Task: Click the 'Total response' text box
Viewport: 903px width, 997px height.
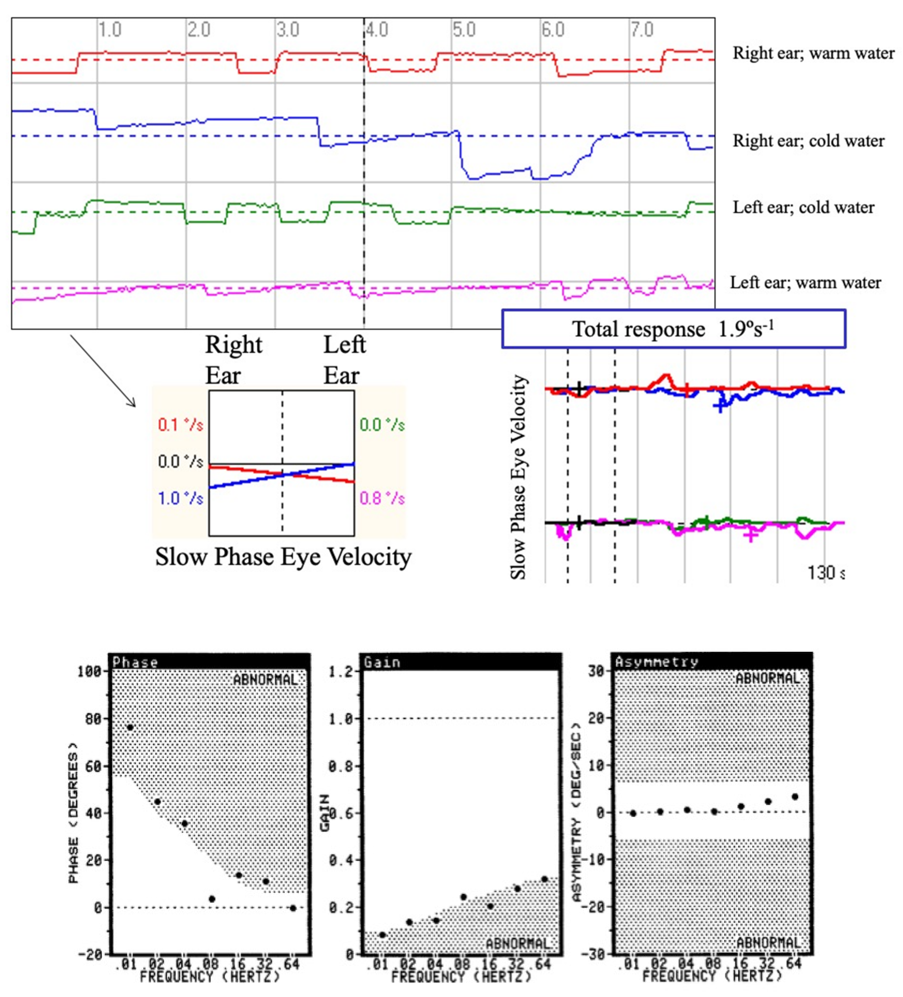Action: coord(673,329)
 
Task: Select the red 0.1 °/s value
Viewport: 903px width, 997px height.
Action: coord(180,424)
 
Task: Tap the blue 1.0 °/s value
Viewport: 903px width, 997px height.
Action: coord(180,498)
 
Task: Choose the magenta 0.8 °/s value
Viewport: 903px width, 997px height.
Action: coord(382,498)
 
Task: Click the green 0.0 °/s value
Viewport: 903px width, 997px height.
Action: coord(382,424)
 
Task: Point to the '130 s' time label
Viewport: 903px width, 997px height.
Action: coord(825,573)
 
